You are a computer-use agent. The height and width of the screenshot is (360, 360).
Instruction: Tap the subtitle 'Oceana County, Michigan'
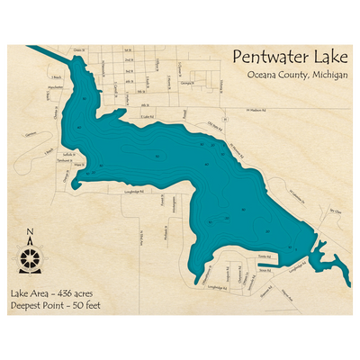(296, 75)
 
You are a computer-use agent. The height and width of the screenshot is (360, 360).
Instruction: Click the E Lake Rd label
(148, 116)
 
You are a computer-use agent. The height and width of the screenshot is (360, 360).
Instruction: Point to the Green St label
(79, 50)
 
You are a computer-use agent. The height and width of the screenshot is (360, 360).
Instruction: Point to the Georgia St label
(187, 83)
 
